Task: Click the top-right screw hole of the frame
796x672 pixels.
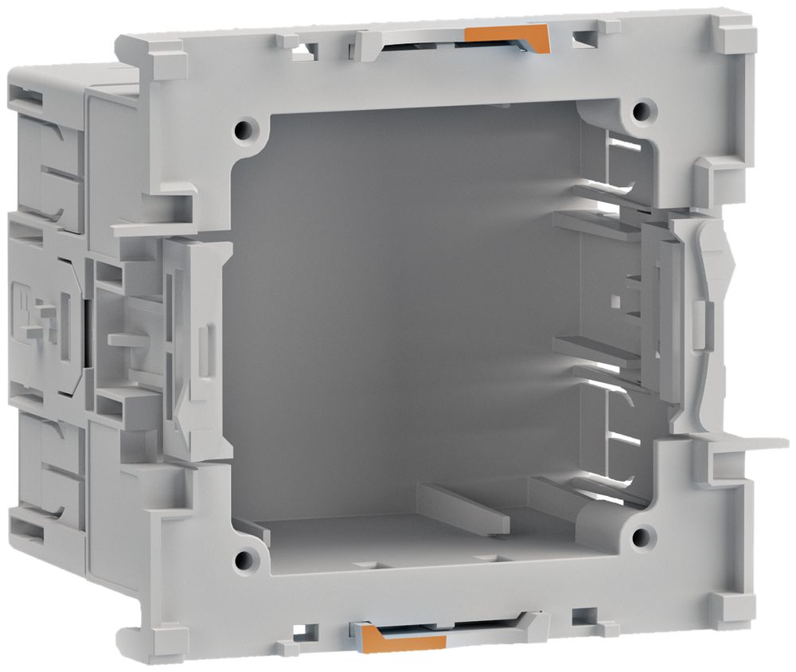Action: pos(643,107)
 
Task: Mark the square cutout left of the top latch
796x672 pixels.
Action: pos(305,53)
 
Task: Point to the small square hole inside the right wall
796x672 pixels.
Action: pos(616,301)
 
